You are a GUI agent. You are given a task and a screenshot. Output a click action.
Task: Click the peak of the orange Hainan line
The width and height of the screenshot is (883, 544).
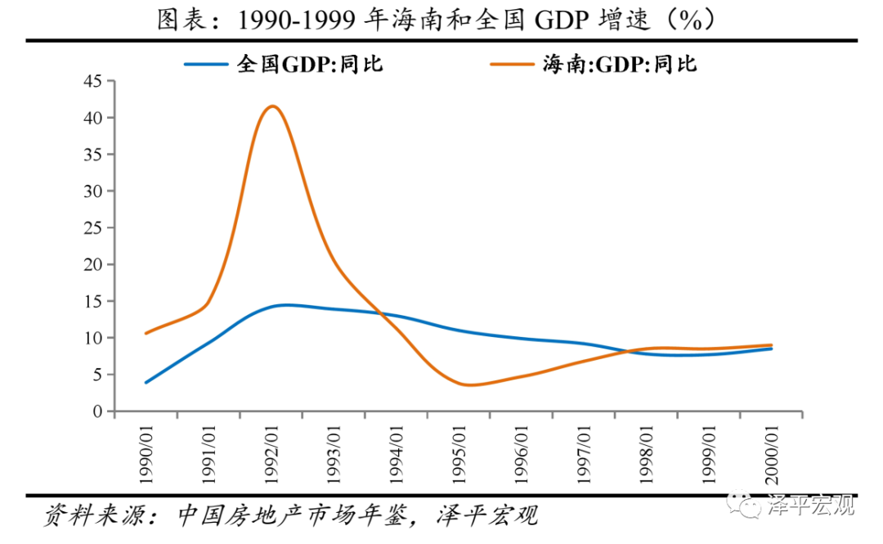click(271, 106)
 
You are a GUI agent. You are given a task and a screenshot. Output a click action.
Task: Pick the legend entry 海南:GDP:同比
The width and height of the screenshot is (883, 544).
click(621, 64)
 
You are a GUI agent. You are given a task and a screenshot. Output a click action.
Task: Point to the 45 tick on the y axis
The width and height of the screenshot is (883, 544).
click(94, 81)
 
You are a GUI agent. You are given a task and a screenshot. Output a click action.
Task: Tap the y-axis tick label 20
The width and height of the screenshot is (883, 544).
click(94, 264)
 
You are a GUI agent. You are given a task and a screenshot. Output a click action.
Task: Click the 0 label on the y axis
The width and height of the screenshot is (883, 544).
click(99, 411)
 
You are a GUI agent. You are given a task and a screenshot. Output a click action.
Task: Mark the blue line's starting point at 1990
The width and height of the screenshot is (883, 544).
click(146, 382)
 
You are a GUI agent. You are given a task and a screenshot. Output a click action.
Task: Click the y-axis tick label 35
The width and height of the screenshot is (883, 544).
click(94, 155)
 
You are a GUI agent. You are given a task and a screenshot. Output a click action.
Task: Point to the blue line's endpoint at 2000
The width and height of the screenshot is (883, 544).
click(772, 348)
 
